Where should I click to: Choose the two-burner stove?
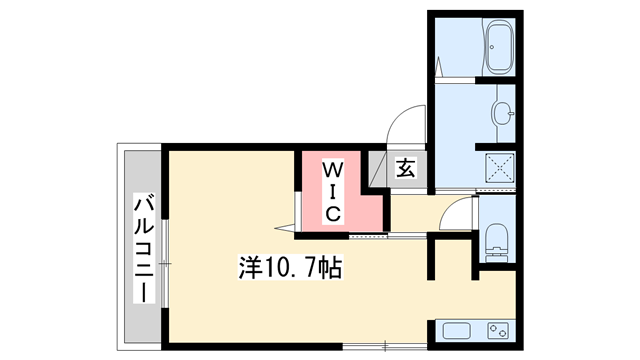click(499, 331)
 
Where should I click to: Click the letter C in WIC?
click(334, 212)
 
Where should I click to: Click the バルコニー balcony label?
click(143, 247)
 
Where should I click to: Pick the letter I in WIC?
click(334, 190)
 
